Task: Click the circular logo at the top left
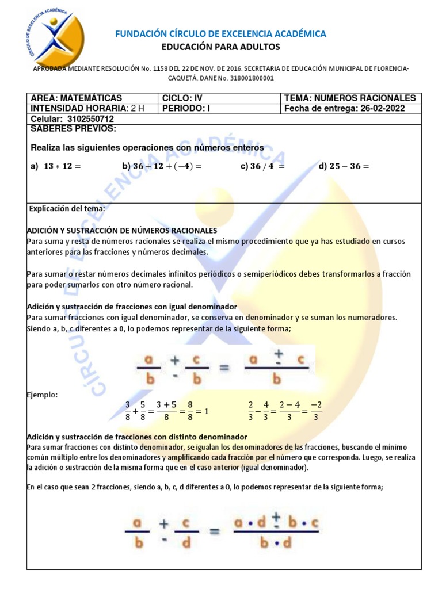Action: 53,37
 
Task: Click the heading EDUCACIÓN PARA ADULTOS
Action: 220,47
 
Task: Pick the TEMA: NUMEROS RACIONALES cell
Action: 349,98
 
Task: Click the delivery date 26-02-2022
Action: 383,108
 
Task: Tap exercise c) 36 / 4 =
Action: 263,166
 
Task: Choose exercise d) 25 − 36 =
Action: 344,166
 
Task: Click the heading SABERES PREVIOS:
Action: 73,128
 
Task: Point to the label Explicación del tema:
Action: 67,209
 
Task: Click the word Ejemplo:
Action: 41,395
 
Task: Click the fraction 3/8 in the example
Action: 128,412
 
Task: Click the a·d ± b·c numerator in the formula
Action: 277,523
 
